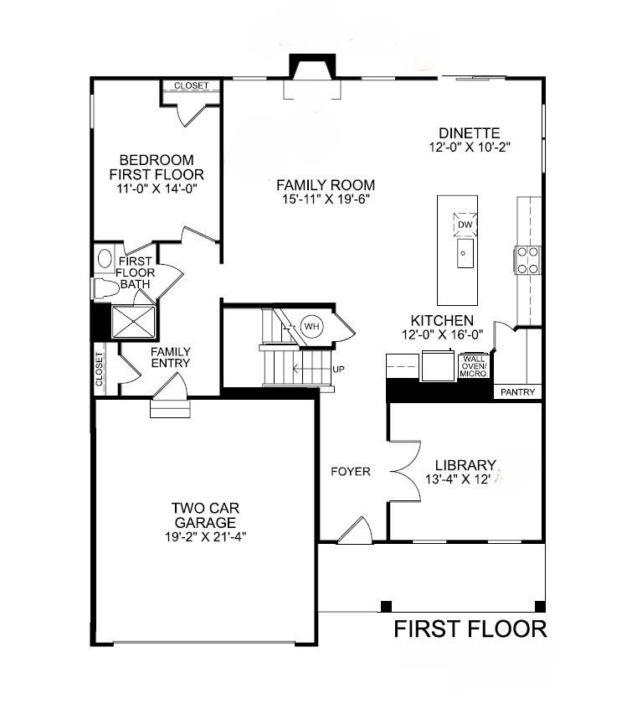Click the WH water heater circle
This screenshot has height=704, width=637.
[311, 326]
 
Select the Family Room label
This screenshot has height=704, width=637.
[326, 185]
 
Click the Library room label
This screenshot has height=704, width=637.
[466, 465]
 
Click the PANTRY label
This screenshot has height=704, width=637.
[517, 391]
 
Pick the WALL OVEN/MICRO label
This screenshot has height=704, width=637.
[475, 366]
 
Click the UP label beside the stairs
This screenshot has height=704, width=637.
[339, 369]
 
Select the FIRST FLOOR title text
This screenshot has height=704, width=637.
[470, 629]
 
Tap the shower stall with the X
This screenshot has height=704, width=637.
[134, 320]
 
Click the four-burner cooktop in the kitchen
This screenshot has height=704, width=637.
[527, 260]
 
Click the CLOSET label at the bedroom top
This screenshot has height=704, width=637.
[192, 85]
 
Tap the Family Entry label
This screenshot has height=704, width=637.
[171, 358]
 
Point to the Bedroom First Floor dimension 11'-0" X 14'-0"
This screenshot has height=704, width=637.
[157, 189]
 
